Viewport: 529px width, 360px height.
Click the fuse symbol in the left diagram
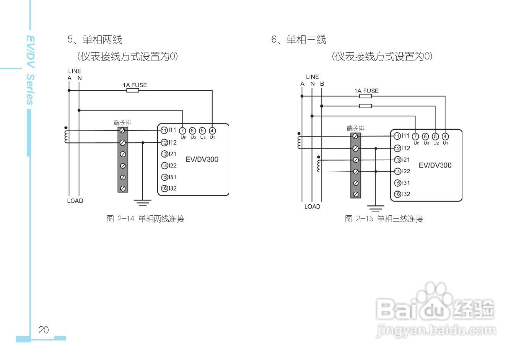(132, 91)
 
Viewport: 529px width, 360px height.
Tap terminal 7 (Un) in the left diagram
(182, 131)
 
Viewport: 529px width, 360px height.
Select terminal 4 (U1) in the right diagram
(445, 137)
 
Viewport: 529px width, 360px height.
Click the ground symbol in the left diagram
(143, 202)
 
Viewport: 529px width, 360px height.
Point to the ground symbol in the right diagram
(376, 209)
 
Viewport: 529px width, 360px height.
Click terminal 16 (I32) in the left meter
(164, 188)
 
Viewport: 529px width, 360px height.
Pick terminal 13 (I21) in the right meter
(397, 160)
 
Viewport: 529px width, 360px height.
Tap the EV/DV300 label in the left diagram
(202, 160)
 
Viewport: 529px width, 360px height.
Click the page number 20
(44, 330)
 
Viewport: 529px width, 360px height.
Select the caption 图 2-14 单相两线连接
(145, 219)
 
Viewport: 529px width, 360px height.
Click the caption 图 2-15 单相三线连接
(384, 219)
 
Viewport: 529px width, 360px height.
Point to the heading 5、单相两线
(94, 39)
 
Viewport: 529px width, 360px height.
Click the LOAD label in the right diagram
(312, 207)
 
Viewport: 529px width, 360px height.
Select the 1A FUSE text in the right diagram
(366, 91)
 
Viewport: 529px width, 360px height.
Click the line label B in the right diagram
(322, 84)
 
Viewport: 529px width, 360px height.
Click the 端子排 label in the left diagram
(122, 122)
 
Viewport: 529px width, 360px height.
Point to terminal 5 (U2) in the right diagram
(435, 137)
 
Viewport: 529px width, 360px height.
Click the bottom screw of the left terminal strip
(123, 189)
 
